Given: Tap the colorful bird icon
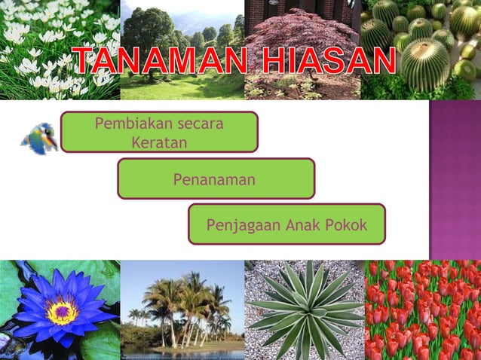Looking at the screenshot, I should pyautogui.click(x=39, y=139).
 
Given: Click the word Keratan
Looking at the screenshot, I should pyautogui.click(x=159, y=142).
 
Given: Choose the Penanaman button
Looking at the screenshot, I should pyautogui.click(x=216, y=179).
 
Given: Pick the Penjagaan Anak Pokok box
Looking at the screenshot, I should pyautogui.click(x=286, y=224).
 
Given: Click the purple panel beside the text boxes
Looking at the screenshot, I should pyautogui.click(x=455, y=179).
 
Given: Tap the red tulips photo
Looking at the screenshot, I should pyautogui.click(x=422, y=309).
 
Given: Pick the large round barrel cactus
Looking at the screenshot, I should pyautogui.click(x=425, y=65).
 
